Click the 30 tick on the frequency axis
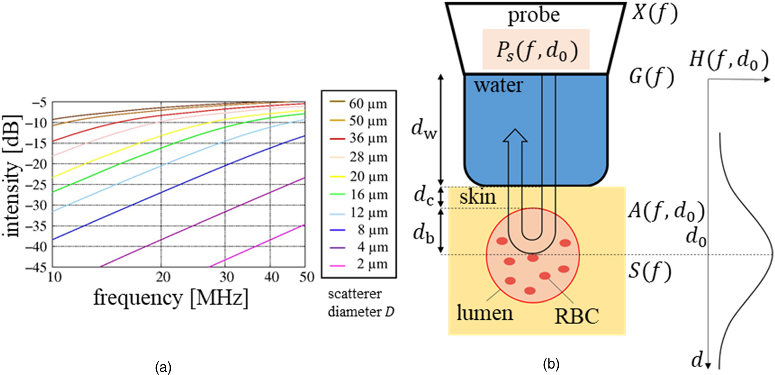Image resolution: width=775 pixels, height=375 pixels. point(226,277)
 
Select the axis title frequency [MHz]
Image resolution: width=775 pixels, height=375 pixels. point(171,297)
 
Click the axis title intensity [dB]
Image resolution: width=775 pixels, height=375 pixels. point(13,176)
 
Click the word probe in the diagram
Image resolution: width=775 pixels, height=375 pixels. point(534,15)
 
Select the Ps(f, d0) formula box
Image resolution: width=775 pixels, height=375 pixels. point(536,49)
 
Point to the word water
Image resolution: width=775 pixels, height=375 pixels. point(498,85)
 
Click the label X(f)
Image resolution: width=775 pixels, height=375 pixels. point(654,13)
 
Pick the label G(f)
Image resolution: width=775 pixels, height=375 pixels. point(652,78)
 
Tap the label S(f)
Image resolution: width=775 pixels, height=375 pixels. point(650,271)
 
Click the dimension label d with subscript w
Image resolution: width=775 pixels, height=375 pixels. point(424,128)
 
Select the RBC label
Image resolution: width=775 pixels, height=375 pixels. point(577,316)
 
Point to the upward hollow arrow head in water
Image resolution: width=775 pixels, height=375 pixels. point(515,136)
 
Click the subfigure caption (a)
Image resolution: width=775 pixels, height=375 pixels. point(164,366)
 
